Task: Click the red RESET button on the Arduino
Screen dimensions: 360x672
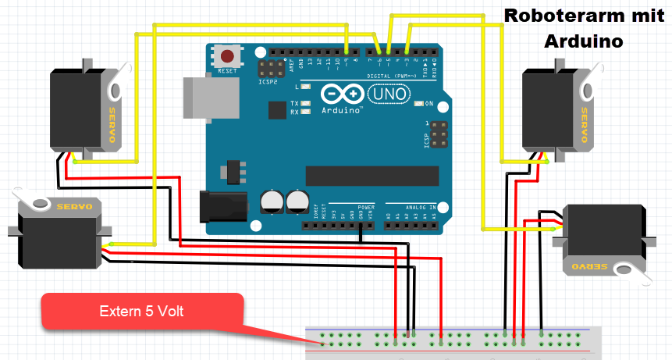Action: [227, 56]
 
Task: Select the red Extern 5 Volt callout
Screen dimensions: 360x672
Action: [142, 311]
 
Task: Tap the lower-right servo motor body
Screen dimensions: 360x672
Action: [603, 237]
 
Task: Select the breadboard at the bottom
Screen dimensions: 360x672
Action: [453, 342]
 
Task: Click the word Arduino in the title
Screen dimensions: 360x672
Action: [584, 40]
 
